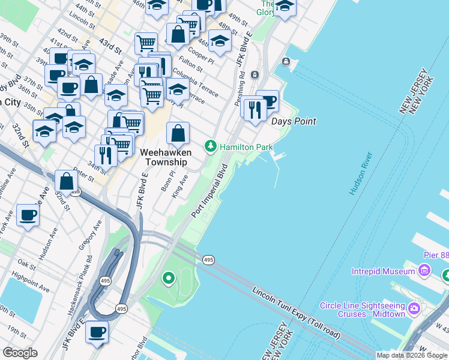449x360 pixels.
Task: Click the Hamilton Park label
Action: (246, 147)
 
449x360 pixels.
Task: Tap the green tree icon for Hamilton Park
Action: (211, 146)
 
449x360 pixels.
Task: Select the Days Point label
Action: (294, 122)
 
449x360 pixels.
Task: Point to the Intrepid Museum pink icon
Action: (424, 271)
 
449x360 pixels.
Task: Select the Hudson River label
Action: (361, 173)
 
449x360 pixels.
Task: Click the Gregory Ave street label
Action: (89, 236)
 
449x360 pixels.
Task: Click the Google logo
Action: (20, 353)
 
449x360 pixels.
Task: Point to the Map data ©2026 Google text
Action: (411, 355)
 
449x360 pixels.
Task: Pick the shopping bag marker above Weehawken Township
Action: (178, 133)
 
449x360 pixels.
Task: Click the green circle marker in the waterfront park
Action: (169, 278)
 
